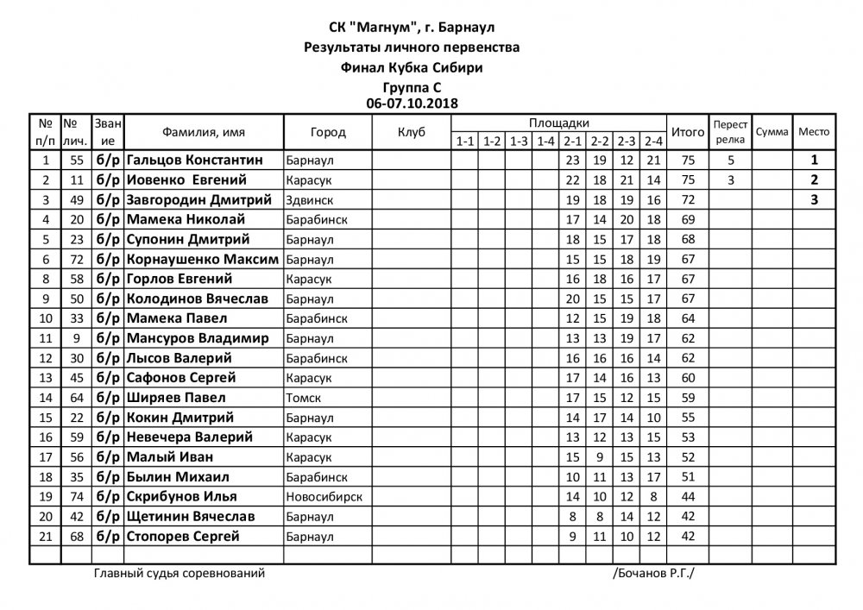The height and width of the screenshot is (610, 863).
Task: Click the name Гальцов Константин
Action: point(191,160)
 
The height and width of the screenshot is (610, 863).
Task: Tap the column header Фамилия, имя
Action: point(203,132)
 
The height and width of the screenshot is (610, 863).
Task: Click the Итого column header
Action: point(688,132)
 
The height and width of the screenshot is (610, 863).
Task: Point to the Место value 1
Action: point(813,160)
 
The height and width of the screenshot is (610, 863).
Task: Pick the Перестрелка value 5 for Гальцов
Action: point(730,160)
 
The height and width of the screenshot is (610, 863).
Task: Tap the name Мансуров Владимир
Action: point(198,338)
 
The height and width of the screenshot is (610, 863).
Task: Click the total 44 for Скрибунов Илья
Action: point(687,497)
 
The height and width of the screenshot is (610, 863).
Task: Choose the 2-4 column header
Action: point(652,141)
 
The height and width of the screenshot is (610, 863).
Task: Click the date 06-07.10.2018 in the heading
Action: point(412,102)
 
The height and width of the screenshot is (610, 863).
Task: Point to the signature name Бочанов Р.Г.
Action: point(654,573)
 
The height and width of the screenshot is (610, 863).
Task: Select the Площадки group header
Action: point(559,123)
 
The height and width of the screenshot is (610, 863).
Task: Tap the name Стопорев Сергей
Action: point(182,537)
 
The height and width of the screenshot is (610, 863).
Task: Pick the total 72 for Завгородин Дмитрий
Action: point(687,200)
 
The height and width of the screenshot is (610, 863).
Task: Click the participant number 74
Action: point(77,497)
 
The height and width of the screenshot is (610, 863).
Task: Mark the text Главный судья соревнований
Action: point(179,573)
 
